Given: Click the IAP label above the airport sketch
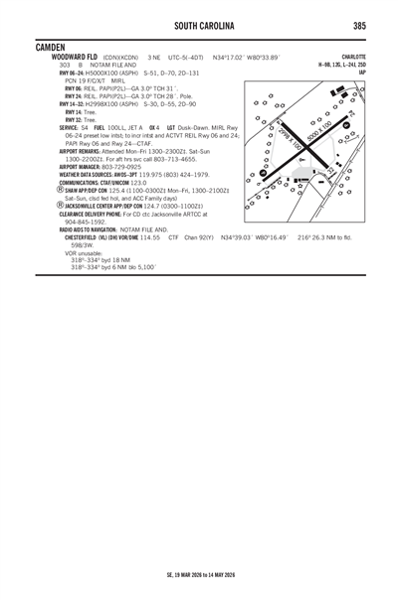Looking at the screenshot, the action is [362, 72].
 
